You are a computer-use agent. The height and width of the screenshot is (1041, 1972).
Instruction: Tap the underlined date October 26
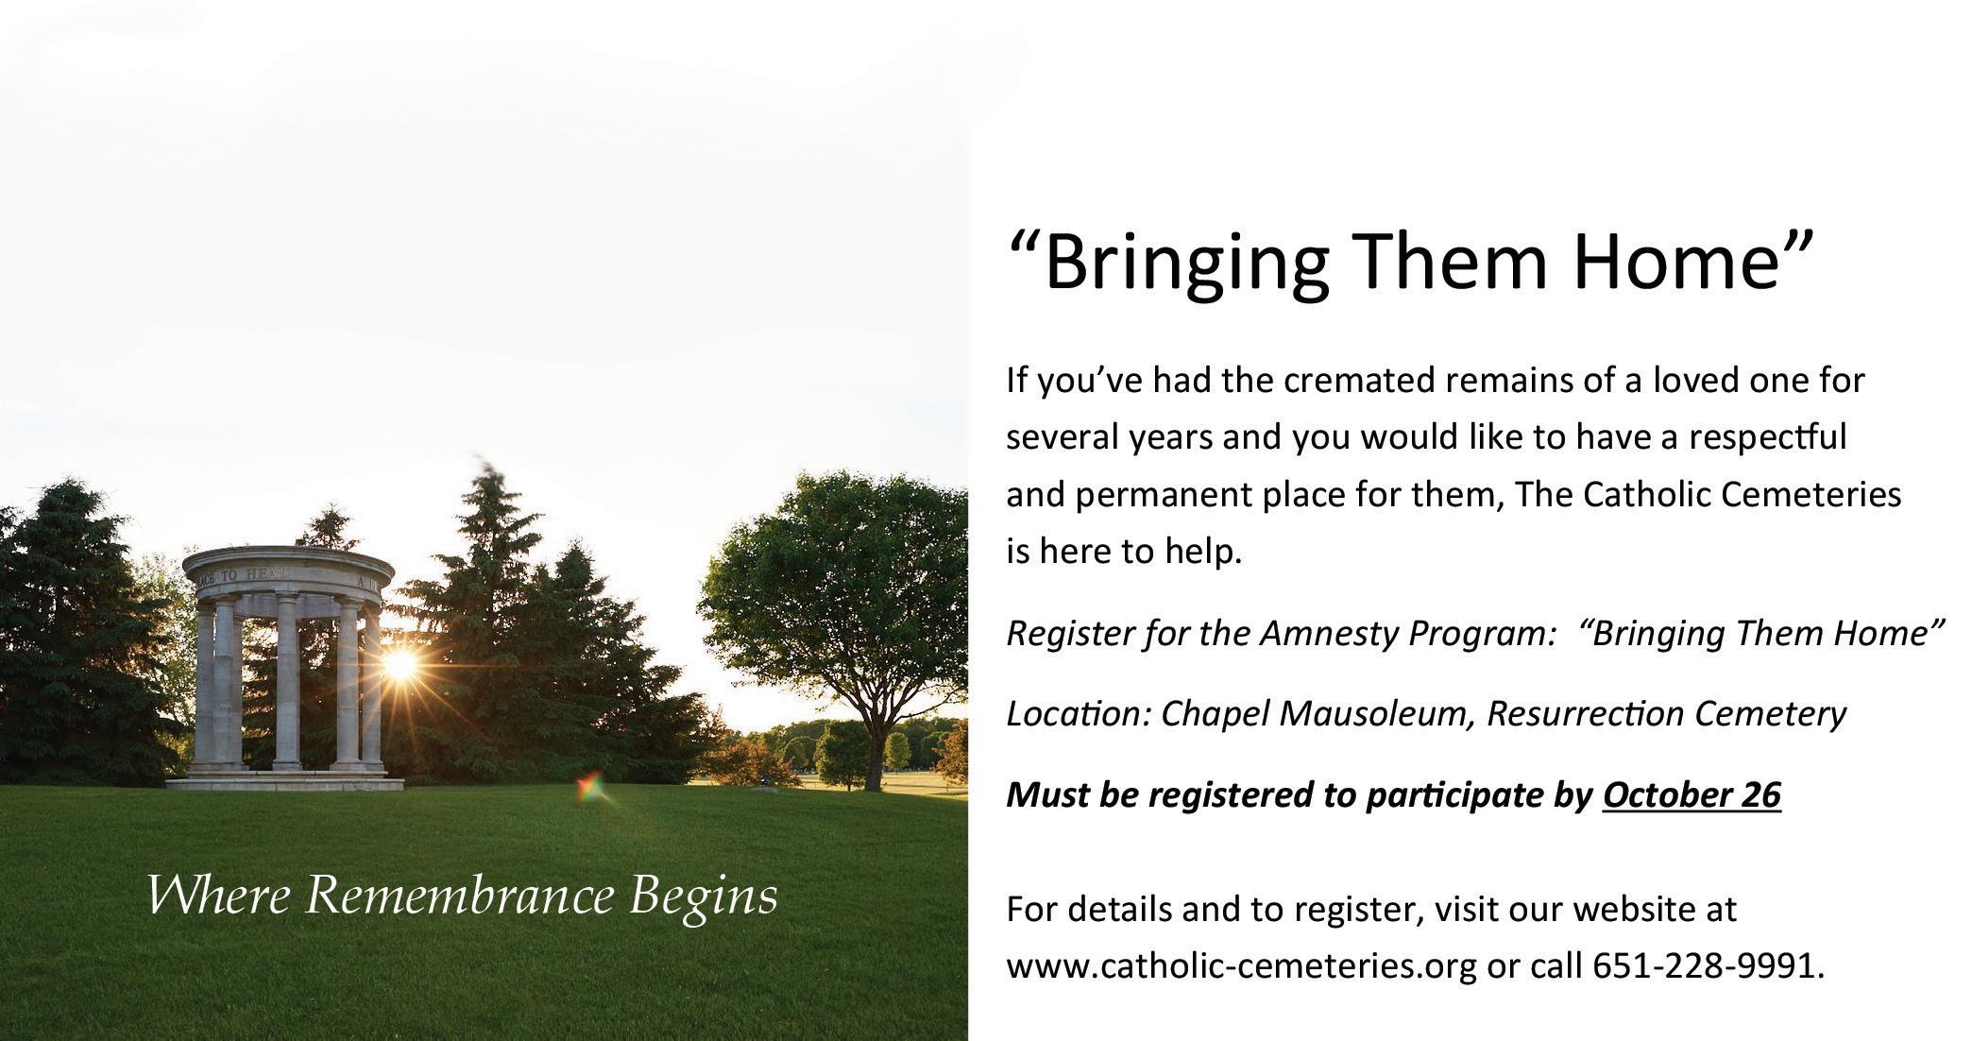(1691, 794)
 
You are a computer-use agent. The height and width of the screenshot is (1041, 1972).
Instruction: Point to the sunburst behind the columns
(399, 664)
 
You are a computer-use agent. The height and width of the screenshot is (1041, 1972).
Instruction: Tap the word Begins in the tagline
(704, 897)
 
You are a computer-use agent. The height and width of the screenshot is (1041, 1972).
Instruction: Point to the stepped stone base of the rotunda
(284, 779)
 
